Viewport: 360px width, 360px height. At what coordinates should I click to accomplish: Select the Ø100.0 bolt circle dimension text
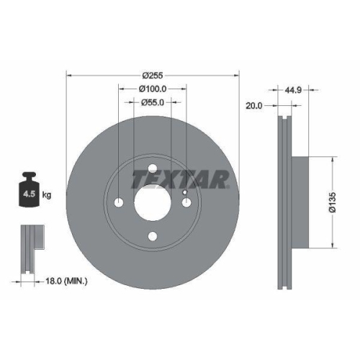153,89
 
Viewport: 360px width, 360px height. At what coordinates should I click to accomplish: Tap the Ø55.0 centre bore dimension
153,103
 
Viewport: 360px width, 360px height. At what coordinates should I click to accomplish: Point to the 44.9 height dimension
293,91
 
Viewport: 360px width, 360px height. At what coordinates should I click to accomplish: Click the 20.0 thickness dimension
253,105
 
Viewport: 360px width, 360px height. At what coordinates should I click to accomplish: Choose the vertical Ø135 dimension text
343,202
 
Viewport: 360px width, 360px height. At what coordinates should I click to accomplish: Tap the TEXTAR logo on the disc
181,178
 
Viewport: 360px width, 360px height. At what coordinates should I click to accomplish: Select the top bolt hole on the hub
152,171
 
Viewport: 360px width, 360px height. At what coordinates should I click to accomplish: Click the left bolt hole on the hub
119,204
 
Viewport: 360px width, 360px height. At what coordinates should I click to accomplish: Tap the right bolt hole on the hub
186,204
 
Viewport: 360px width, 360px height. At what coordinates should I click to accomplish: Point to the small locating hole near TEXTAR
184,193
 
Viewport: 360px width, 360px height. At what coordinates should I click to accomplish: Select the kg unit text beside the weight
46,194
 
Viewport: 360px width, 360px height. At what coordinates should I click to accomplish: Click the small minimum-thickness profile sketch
30,248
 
